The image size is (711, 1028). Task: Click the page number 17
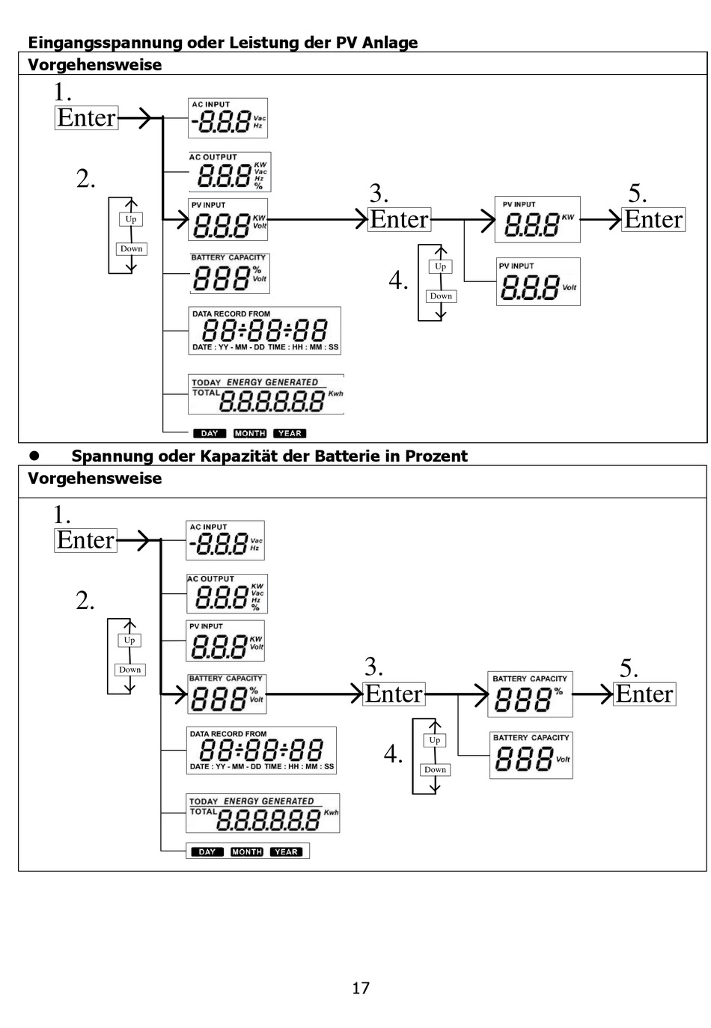[x=361, y=988]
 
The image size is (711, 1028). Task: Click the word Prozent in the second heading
[x=436, y=456]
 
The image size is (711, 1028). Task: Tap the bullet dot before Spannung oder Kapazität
[x=33, y=456]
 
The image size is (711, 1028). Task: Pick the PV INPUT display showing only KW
[x=537, y=220]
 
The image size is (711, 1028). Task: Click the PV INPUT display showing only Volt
[x=538, y=281]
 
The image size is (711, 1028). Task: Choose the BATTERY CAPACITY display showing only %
[x=530, y=694]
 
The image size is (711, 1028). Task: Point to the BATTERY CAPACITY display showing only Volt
[x=531, y=755]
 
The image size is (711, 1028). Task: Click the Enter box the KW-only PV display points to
[x=653, y=219]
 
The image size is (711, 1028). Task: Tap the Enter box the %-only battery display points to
[x=644, y=694]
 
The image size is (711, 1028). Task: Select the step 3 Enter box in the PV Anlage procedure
[x=399, y=219]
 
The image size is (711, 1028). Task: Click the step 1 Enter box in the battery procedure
[x=86, y=539]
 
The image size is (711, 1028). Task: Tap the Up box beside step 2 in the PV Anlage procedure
[x=131, y=219]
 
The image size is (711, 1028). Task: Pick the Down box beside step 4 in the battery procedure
[x=435, y=769]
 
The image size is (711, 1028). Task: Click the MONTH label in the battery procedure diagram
[x=247, y=851]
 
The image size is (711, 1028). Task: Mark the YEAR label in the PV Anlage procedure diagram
[x=290, y=433]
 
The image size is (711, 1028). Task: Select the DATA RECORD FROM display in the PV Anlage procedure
[x=264, y=330]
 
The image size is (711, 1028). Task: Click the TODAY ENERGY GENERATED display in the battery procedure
[x=263, y=813]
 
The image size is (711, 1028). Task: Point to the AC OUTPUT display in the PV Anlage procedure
[x=229, y=173]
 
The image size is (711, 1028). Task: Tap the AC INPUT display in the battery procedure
[x=225, y=540]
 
